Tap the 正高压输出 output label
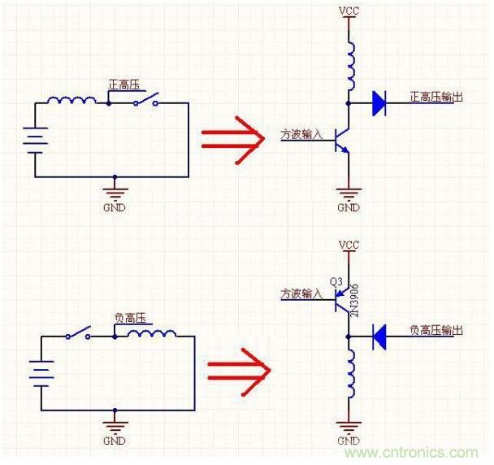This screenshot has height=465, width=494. pos(436,98)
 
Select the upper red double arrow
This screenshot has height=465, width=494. pos(233,139)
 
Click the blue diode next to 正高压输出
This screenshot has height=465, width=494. pos(379,103)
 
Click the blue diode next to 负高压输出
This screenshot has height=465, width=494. pos(379,337)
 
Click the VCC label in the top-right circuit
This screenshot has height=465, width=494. pos(348,12)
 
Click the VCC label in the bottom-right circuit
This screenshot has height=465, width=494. pos(348,245)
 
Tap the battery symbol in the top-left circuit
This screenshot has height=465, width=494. pos(35,139)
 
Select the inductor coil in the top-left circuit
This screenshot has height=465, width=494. pos(71,101)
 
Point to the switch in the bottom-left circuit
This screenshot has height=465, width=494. pos(80,333)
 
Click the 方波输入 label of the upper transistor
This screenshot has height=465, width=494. pos(301,133)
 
